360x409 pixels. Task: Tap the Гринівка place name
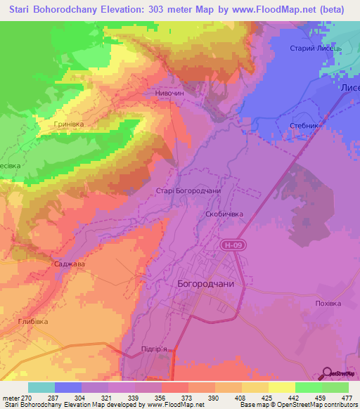(68, 124)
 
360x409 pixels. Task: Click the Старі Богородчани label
(188, 190)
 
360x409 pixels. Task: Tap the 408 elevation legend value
(229, 397)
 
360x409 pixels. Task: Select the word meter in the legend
(10, 397)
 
